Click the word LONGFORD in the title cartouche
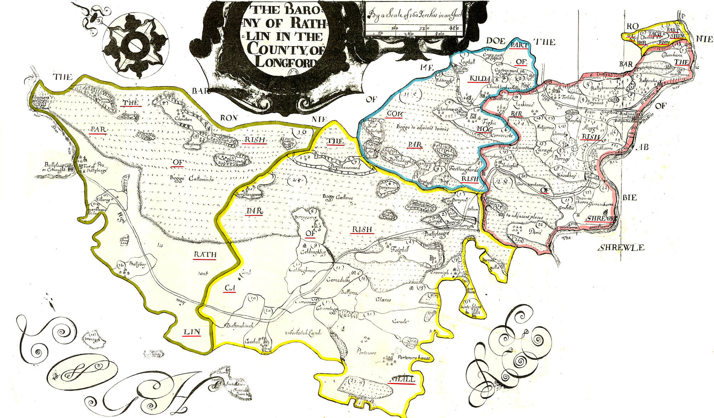click(286, 63)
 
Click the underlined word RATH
click(205, 255)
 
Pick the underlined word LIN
click(191, 332)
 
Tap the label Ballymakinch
click(239, 326)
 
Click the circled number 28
click(499, 181)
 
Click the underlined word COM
click(394, 114)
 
